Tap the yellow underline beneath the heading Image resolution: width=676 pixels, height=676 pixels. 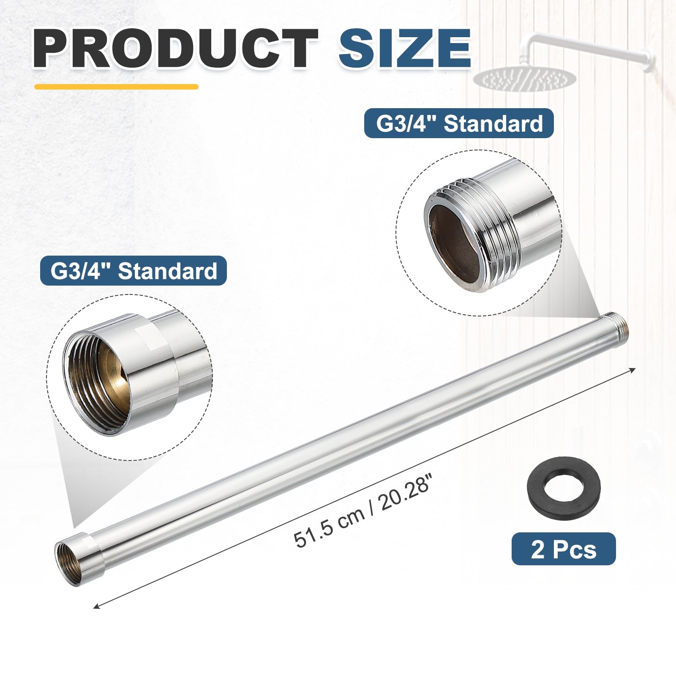[116, 87]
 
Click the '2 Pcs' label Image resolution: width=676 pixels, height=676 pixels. [564, 550]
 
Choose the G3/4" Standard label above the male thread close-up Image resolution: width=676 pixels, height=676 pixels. [459, 123]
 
